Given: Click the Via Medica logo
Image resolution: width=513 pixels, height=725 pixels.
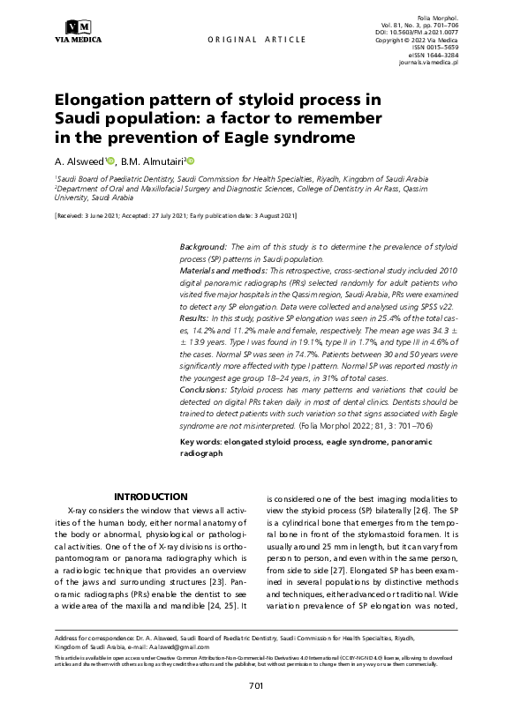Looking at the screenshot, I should pyautogui.click(x=78, y=30).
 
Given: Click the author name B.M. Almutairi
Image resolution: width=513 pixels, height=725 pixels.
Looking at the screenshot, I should pyautogui.click(x=151, y=161).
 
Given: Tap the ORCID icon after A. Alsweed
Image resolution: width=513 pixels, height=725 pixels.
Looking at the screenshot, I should pyautogui.click(x=111, y=161).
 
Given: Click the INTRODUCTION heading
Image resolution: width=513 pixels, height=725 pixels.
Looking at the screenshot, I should pyautogui.click(x=152, y=497).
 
